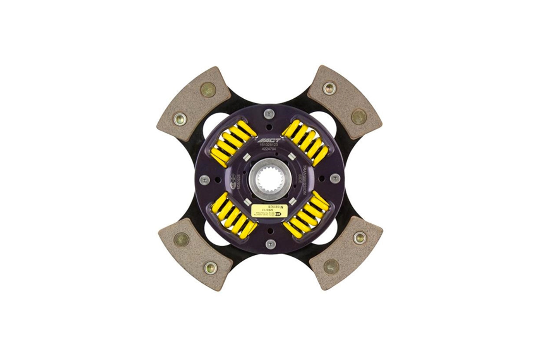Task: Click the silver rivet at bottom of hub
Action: (271, 243)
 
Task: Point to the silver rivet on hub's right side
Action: (335, 178)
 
